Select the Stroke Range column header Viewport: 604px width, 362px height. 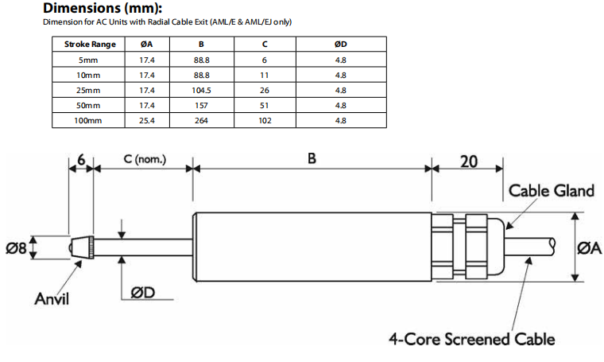pos(89,44)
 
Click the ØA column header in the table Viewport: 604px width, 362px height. pos(146,44)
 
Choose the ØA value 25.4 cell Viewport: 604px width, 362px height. pos(146,121)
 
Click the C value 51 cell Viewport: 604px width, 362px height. pos(265,106)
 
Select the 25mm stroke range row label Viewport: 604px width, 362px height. pos(89,90)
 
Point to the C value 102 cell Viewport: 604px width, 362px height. pos(265,121)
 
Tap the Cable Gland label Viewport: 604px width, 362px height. pos(551,191)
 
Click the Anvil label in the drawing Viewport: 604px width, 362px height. pos(52,299)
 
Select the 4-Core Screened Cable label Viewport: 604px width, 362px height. pos(471,340)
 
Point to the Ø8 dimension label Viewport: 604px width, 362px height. pos(17,248)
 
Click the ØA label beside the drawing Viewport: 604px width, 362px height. pos(589,248)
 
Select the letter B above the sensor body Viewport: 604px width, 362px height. pos(312,158)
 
